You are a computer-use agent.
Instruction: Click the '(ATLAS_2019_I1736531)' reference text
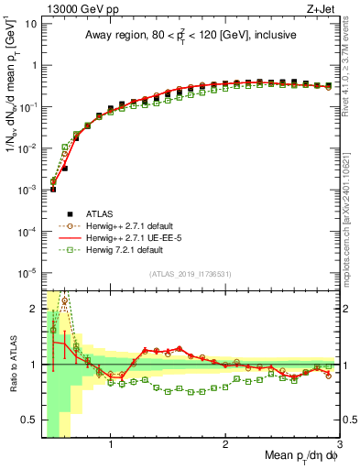pyautogui.click(x=191, y=274)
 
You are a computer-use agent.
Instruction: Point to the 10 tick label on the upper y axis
pyautogui.click(x=30, y=24)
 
